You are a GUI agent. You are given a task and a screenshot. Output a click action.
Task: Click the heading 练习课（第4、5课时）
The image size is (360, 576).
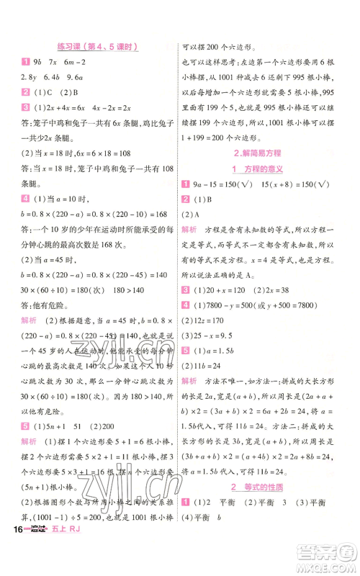coord(93,47)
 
